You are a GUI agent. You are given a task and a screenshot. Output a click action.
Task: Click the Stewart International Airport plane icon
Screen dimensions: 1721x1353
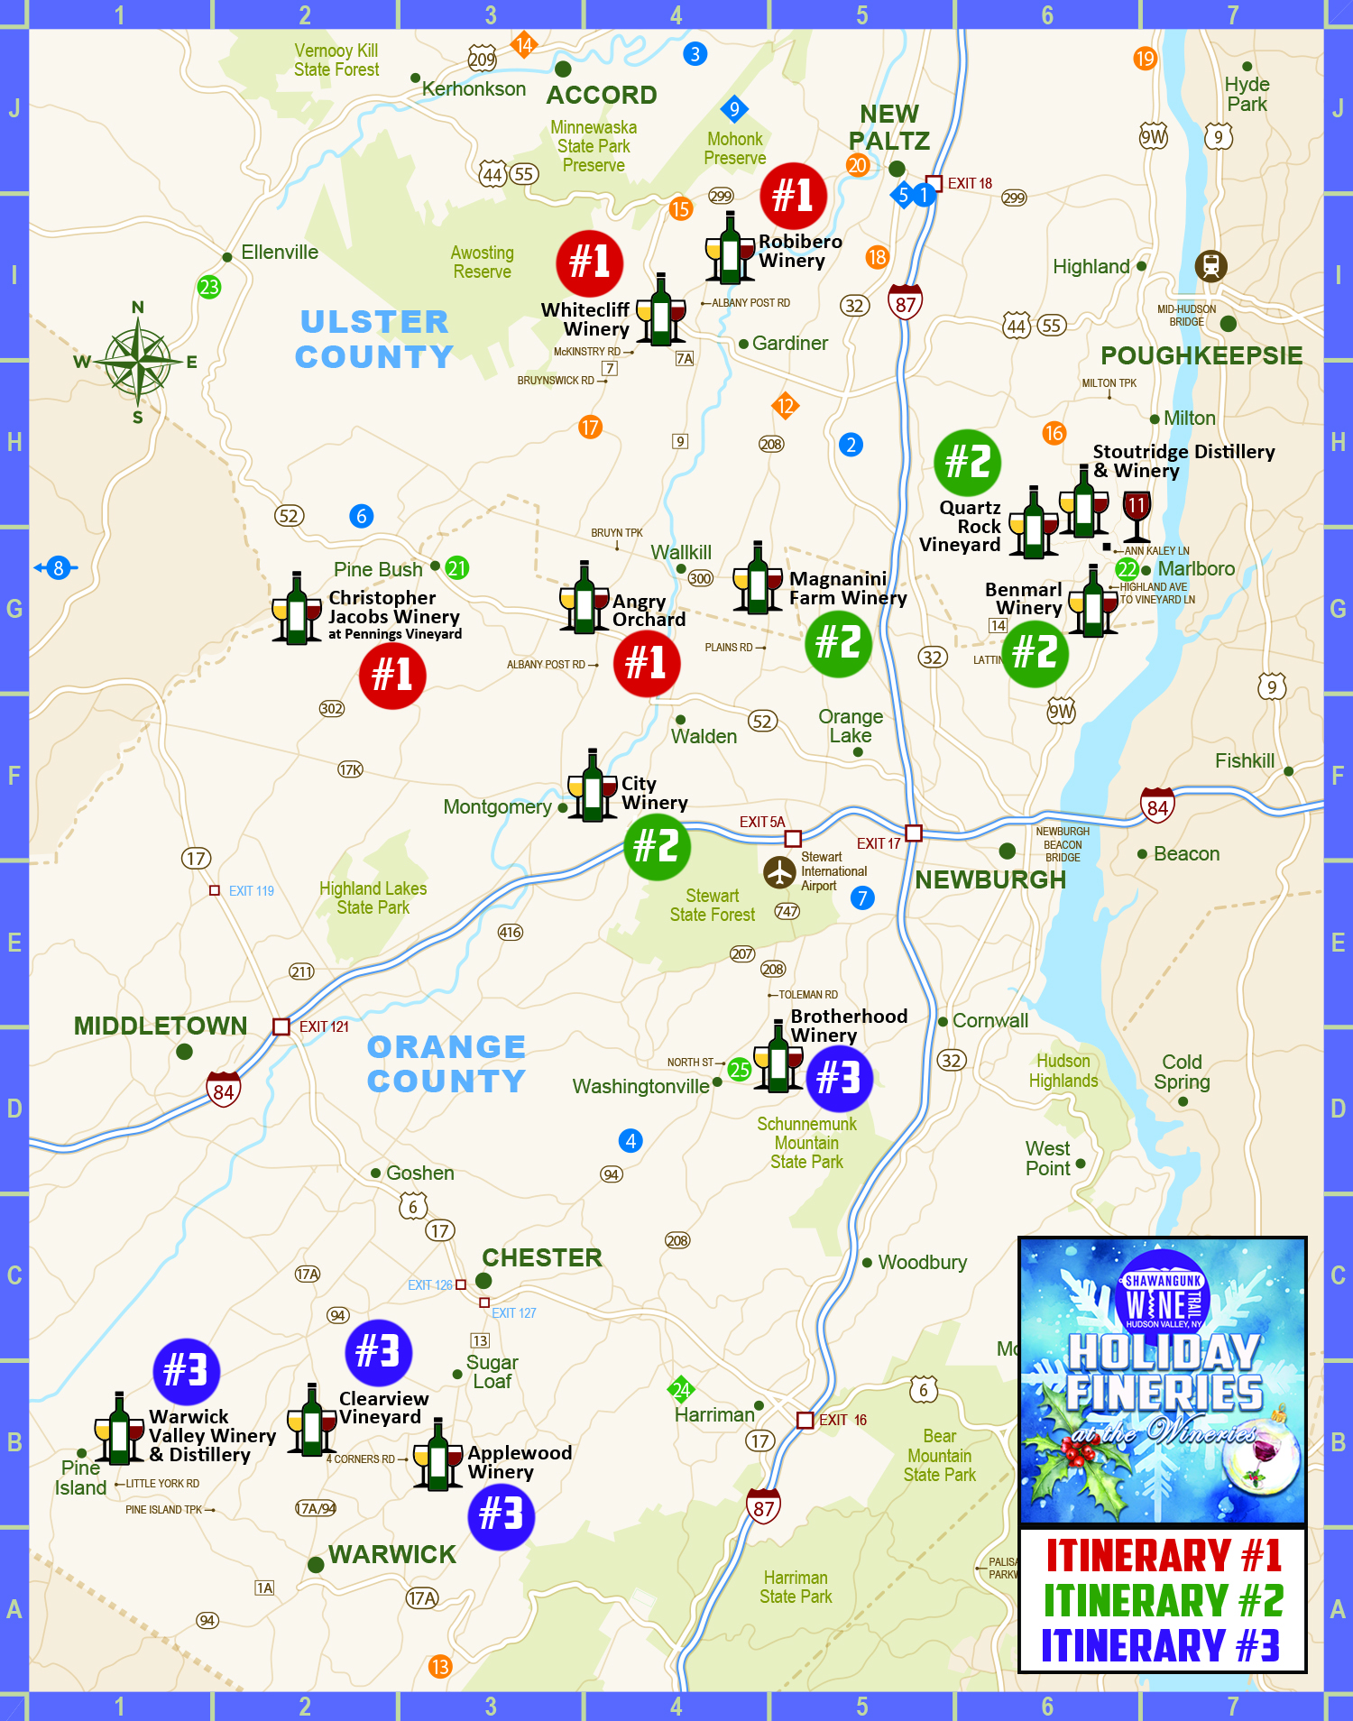(779, 872)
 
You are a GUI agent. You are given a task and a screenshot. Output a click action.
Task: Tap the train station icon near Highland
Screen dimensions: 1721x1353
(1210, 265)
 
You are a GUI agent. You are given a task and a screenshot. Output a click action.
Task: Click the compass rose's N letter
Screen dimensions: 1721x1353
(138, 307)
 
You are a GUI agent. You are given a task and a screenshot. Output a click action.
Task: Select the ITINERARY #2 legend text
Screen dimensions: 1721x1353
(1163, 1600)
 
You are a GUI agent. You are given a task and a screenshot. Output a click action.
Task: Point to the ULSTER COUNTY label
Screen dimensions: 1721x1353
(374, 339)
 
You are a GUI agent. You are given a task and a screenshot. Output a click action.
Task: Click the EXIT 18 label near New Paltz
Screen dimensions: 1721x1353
(969, 183)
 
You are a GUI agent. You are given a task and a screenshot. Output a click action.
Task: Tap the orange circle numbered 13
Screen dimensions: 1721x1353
(439, 1666)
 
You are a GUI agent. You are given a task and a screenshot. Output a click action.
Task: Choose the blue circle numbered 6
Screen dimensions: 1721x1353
(361, 516)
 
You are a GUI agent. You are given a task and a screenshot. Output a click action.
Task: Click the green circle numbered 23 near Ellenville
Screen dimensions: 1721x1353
(209, 287)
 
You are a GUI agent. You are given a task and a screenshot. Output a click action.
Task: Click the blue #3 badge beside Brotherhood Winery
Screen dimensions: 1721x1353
(839, 1078)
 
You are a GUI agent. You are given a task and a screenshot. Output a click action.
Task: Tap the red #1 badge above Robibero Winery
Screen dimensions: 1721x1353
(793, 195)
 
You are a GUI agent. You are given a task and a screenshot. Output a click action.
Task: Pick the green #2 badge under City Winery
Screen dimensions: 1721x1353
(657, 846)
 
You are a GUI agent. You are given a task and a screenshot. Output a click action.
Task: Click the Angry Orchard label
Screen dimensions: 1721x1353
(649, 610)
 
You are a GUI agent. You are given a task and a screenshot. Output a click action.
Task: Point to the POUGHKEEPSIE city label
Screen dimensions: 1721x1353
(1201, 355)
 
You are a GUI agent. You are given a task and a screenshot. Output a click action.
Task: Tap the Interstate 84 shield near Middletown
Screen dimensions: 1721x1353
(224, 1090)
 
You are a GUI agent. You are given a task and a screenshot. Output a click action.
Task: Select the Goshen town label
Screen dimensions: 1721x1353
(419, 1173)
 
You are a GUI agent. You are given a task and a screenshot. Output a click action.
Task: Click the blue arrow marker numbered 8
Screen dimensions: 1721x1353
(57, 568)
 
